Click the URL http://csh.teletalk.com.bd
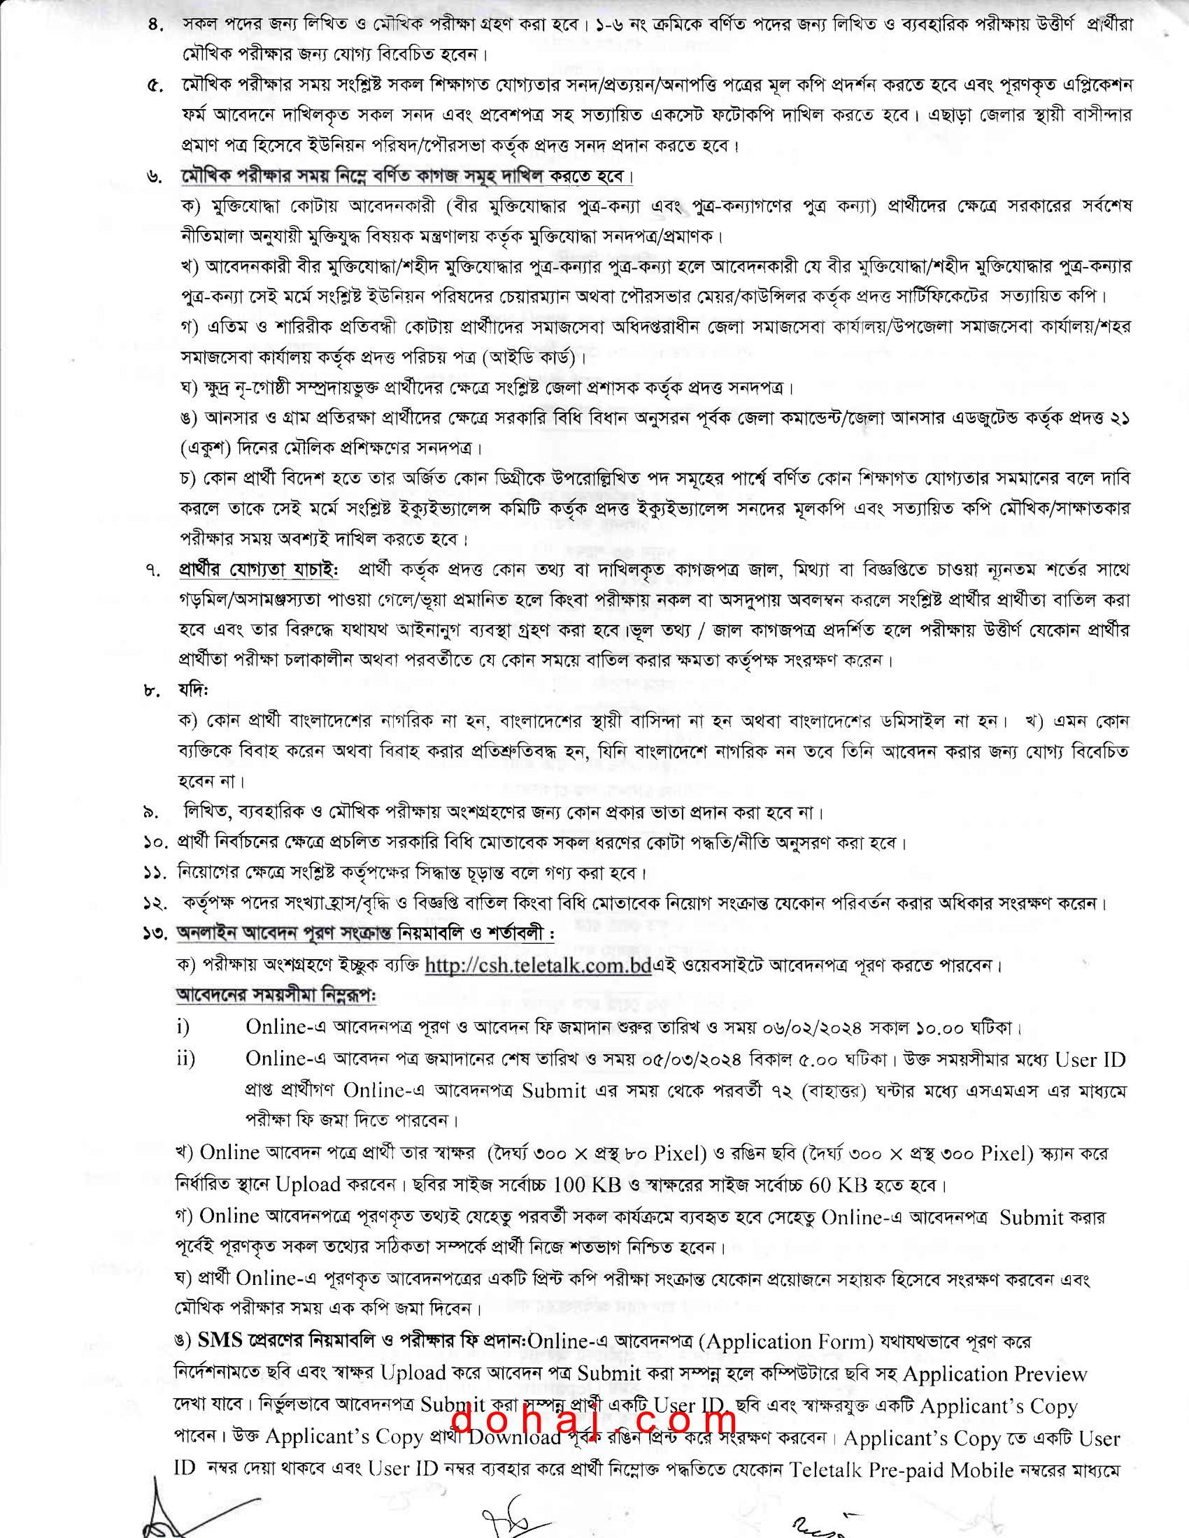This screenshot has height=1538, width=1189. point(537,965)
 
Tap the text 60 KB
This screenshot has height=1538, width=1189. point(838,1185)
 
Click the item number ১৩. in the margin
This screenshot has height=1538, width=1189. point(155,934)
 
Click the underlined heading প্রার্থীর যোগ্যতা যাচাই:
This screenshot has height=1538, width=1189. point(259,570)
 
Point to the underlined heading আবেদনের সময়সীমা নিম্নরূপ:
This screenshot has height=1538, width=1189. point(276,996)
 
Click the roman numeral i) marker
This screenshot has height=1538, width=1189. point(183,1028)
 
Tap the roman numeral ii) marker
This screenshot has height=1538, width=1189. point(186,1059)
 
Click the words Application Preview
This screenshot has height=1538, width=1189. point(995,1374)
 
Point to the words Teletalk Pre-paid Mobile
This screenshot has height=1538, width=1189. point(868,1470)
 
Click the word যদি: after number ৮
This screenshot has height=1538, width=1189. point(193,690)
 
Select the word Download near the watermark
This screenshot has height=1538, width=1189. point(515,1437)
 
